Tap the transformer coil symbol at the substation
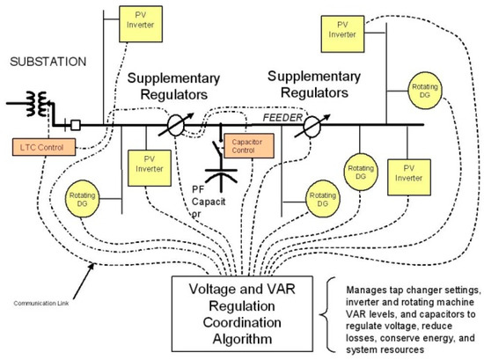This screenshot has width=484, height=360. [x=35, y=99]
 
